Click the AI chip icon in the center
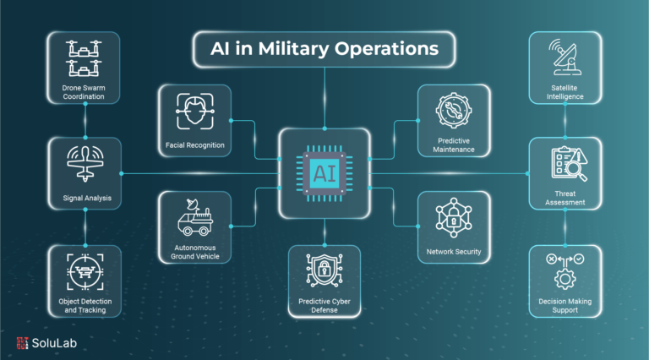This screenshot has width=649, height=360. pos(324,173)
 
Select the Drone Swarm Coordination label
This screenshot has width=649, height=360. pos(84,92)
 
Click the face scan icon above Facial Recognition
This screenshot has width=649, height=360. pos(195,112)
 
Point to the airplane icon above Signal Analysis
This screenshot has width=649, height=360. pos(85,164)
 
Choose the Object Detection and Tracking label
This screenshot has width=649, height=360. pos(85,306)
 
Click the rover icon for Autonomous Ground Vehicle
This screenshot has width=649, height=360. pos(195,217)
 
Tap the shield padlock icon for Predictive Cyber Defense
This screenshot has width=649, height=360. pos(324,270)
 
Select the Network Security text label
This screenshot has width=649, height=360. pos(454,252)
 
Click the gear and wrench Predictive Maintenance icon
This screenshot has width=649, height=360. pos(454,111)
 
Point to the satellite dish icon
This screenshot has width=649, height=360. pos(565,57)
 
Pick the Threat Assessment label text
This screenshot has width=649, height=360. pos(565,199)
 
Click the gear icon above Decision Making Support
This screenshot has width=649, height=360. pos(565,279)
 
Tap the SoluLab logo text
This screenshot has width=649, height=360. pos(54,343)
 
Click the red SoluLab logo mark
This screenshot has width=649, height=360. pos(22,343)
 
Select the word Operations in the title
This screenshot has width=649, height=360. pos(386,49)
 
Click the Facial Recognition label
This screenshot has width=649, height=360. pos(195,145)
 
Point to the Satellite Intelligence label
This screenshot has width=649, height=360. pos(565,92)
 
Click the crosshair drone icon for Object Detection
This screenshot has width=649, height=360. pos(85,272)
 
